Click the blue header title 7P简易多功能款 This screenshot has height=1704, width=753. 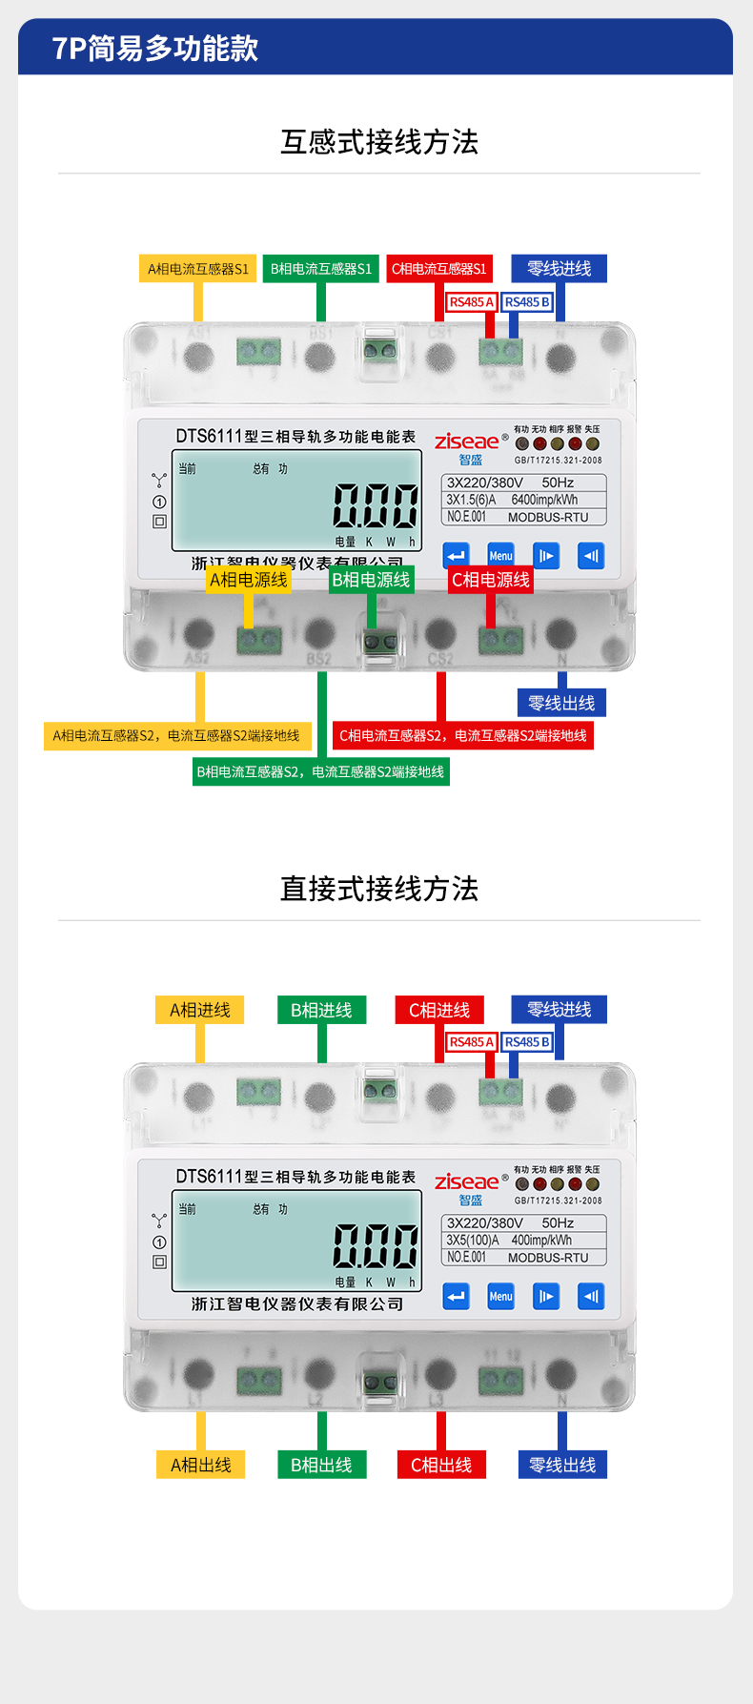point(154,48)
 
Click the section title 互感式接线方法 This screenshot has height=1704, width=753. point(378,142)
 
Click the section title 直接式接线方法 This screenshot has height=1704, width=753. point(378,889)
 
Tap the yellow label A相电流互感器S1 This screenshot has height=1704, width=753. point(198,269)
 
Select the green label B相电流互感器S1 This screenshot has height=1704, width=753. point(321,269)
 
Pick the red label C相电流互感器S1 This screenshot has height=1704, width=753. point(438,269)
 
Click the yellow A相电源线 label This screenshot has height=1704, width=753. point(248,580)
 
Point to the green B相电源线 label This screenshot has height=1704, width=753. point(371,580)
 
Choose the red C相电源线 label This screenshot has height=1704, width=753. point(490,580)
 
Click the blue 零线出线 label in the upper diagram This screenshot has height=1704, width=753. point(561,703)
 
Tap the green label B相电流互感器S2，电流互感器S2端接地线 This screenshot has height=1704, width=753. point(320,771)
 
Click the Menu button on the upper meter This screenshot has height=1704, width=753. point(500,556)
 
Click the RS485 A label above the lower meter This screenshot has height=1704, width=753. point(471,1042)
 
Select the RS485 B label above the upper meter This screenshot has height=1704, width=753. point(527,302)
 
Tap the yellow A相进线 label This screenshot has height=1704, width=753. point(199,1010)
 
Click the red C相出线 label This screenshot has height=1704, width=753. point(441,1465)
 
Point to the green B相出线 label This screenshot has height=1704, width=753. point(321,1465)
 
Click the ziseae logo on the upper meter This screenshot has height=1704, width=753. point(466,441)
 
